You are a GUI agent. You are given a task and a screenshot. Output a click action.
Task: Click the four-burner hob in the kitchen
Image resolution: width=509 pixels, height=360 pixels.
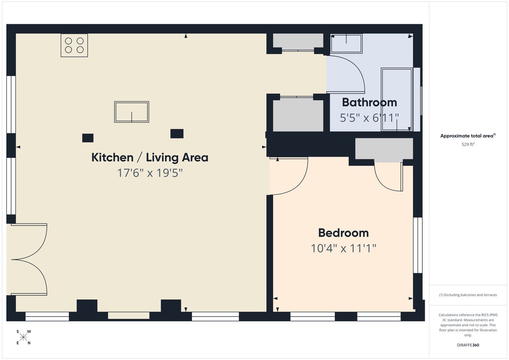pos(74,45)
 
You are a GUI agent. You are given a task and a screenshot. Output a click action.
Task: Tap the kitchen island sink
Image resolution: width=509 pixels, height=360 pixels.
pos(132,112)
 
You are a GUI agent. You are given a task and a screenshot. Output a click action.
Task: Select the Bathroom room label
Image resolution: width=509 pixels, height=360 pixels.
pos(369,102)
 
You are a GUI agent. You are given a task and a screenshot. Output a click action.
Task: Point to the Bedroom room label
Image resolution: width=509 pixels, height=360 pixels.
pos(344,233)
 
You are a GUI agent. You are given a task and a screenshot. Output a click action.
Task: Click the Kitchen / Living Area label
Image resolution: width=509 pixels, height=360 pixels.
pos(150,158)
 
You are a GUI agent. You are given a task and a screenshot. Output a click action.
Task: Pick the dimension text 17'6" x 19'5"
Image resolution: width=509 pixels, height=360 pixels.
pos(150,173)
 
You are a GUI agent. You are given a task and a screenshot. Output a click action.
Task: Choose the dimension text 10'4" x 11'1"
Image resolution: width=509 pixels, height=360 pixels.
pos(344,248)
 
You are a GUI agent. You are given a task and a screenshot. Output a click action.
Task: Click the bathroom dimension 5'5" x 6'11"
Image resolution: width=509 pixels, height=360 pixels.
pos(369,118)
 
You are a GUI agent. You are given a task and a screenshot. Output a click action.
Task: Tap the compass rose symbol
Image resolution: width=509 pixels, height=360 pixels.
pos(23,337)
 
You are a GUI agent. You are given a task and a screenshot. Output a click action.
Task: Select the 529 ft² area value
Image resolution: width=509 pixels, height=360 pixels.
pos(468,145)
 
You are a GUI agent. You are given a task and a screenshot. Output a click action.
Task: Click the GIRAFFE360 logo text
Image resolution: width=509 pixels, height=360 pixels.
pos(468,345)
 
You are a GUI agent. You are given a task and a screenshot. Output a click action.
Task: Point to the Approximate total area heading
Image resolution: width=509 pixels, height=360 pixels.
pos(468,136)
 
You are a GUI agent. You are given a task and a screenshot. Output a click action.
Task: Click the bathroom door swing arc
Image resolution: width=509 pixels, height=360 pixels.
pos(350,72)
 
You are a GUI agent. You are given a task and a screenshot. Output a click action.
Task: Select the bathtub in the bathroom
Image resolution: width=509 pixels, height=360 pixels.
pos(397,99)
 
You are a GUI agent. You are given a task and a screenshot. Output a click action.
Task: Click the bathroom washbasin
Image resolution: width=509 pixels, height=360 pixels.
pos(346,43)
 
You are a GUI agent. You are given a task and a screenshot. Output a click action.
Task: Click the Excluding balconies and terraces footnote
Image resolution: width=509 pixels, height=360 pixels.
pos(468,295)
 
